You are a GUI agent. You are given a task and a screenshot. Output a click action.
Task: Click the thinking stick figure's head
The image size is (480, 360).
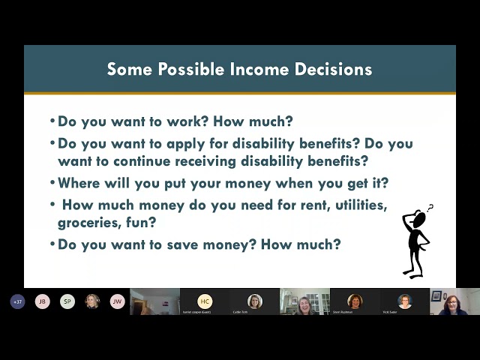418,218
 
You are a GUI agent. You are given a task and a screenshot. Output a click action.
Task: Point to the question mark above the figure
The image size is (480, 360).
430,208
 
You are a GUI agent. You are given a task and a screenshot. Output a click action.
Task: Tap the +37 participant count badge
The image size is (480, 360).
17,301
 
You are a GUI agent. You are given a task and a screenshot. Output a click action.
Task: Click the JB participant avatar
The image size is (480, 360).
43,301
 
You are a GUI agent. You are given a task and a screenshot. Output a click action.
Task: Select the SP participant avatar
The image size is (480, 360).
67,301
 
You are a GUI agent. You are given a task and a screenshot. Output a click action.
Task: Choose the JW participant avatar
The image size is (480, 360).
117,301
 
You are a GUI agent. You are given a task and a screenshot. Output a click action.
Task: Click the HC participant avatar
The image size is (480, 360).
205,300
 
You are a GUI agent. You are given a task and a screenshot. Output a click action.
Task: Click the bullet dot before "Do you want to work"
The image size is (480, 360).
52,121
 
